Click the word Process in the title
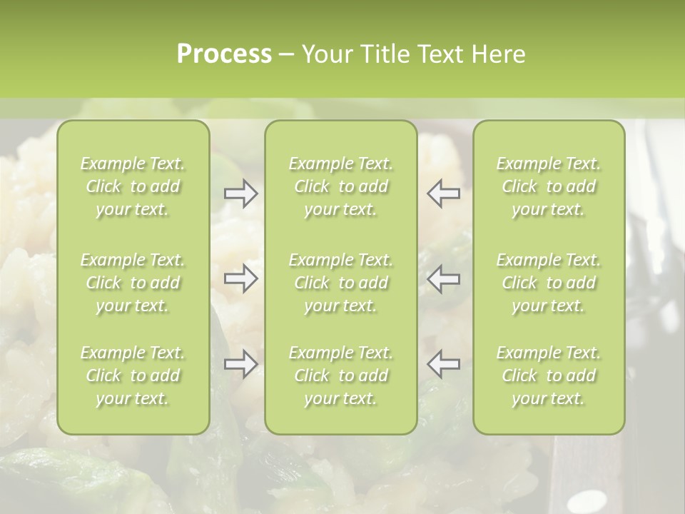pyautogui.click(x=224, y=54)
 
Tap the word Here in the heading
pyautogui.click(x=499, y=54)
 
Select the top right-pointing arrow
pyautogui.click(x=240, y=193)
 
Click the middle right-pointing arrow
pyautogui.click(x=240, y=278)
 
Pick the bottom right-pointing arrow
pyautogui.click(x=240, y=364)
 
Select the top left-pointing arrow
pyautogui.click(x=444, y=193)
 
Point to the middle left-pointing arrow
pyautogui.click(x=444, y=278)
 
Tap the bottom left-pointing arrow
pyautogui.click(x=444, y=364)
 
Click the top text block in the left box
pyautogui.click(x=133, y=186)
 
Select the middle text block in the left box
pyautogui.click(x=133, y=283)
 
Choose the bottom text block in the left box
pyautogui.click(x=133, y=376)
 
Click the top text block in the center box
pyautogui.click(x=340, y=186)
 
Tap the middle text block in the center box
pyautogui.click(x=340, y=283)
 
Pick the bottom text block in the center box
pyautogui.click(x=340, y=376)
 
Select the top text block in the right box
pyautogui.click(x=549, y=186)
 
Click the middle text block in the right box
pyautogui.click(x=549, y=283)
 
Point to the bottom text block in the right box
pyautogui.click(x=549, y=376)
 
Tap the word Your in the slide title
pyautogui.click(x=328, y=54)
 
